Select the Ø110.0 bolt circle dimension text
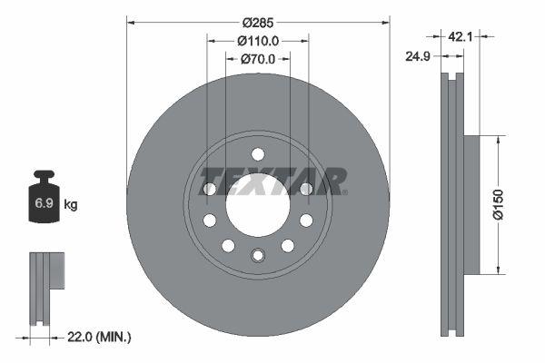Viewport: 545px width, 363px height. pos(258,40)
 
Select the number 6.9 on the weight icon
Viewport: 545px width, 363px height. pos(43,204)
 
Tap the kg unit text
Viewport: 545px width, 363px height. pos(71,205)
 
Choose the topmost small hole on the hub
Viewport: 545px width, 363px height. pos(257,153)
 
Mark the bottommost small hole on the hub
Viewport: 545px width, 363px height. pos(257,254)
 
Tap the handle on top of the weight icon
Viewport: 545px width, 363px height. pos(43,176)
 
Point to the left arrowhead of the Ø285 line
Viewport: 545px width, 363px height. pos(130,20)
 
